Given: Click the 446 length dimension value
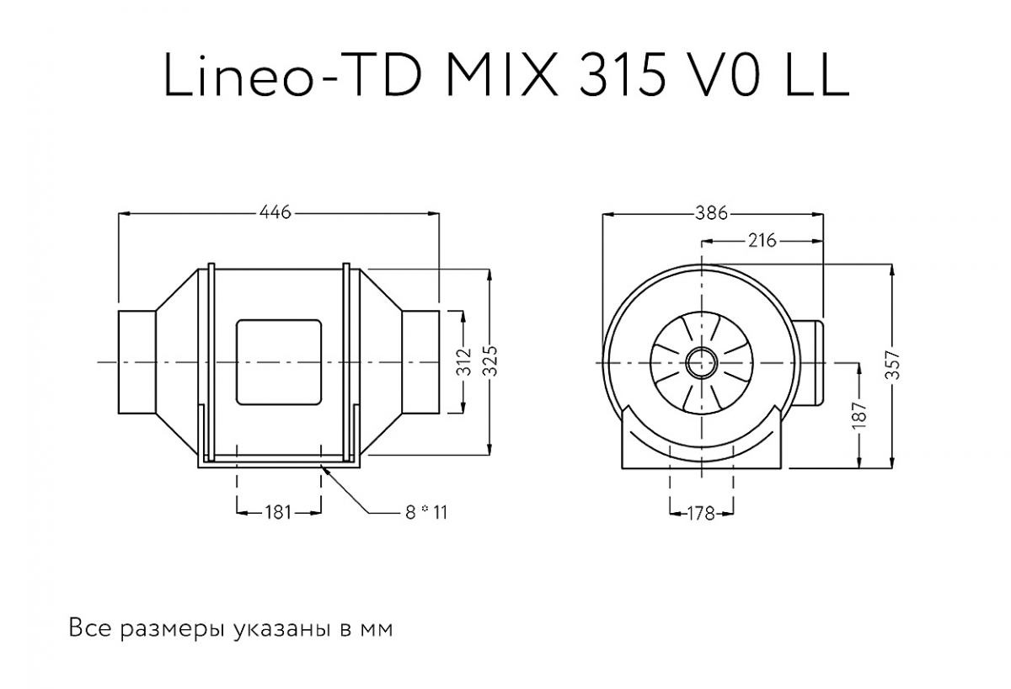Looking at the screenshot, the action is click(275, 212).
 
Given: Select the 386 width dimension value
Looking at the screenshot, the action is click(712, 213).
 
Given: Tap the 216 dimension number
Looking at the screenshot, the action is click(762, 241).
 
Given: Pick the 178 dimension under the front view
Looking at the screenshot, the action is click(701, 514).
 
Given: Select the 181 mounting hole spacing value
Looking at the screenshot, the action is click(278, 513).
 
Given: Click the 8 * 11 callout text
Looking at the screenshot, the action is click(426, 513).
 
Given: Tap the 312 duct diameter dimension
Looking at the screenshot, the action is click(464, 362).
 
